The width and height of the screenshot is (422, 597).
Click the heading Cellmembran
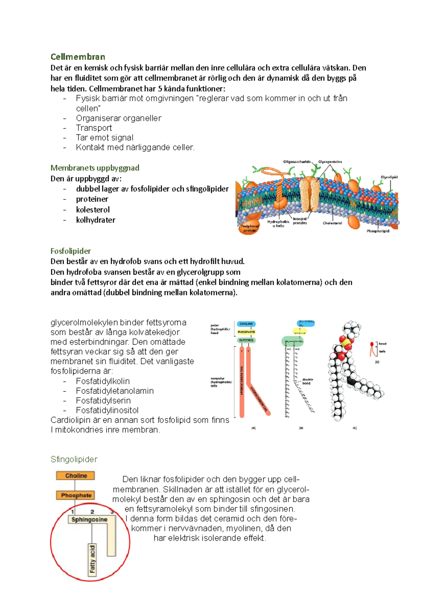[x=78, y=57]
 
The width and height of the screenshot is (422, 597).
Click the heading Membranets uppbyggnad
[x=95, y=168]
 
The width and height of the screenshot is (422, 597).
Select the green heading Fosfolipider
[x=71, y=251]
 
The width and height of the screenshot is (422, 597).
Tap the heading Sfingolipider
[x=74, y=459]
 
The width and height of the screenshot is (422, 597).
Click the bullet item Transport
[x=94, y=128]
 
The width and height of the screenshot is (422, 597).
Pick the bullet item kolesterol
[x=93, y=210]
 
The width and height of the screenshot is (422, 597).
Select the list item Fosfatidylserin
[x=103, y=400]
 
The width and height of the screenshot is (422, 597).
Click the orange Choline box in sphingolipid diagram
[x=76, y=476]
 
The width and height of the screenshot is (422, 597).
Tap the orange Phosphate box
[x=76, y=495]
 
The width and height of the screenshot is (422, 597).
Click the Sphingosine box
[x=89, y=519]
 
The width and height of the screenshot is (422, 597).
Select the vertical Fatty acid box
[x=92, y=559]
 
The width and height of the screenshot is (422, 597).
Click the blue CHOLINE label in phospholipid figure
[x=246, y=324]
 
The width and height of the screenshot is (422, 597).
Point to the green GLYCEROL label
[x=246, y=340]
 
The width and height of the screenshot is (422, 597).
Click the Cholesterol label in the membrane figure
[x=332, y=223]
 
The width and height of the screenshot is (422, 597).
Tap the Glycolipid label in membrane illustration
[x=389, y=177]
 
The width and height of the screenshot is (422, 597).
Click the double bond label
[x=307, y=381]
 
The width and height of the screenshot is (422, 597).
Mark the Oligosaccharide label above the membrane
[x=297, y=162]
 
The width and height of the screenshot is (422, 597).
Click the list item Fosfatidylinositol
[x=107, y=410]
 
